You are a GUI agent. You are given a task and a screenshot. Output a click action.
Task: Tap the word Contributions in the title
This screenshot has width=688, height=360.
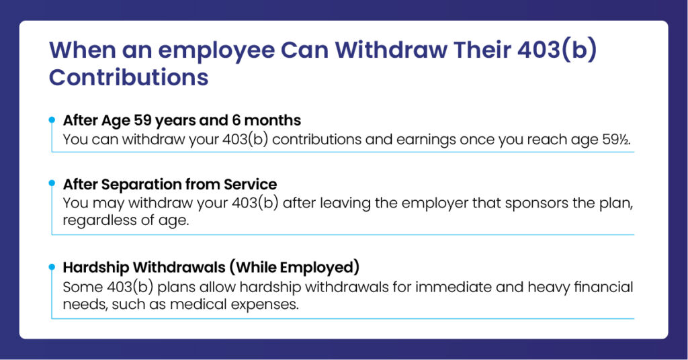[128, 77]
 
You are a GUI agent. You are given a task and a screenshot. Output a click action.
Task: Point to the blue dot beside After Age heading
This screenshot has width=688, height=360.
[52, 120]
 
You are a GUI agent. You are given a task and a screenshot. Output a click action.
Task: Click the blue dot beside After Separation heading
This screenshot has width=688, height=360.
[52, 182]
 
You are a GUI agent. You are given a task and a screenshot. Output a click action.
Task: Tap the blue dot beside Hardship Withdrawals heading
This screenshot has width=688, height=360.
[52, 267]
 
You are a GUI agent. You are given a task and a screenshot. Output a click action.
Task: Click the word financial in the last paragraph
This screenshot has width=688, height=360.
[604, 287]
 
